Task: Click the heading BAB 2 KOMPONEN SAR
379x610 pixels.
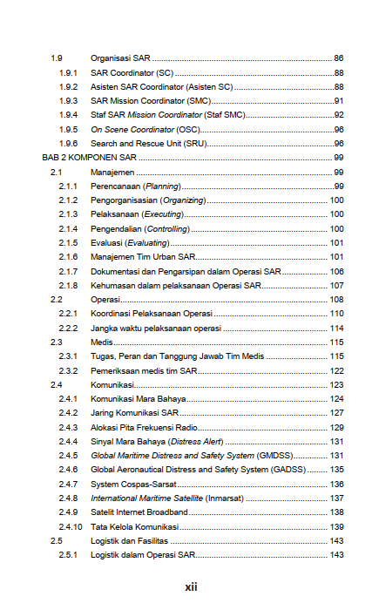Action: coord(90,157)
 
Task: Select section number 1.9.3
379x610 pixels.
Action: coord(69,100)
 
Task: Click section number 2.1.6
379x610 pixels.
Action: coord(69,257)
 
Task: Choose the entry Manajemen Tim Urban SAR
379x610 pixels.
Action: coord(143,257)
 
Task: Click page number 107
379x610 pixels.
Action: coord(336,285)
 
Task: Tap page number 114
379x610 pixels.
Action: coord(336,328)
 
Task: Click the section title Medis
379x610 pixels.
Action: coord(102,342)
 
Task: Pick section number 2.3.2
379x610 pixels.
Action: coord(69,370)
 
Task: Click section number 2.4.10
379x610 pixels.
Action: coord(71,527)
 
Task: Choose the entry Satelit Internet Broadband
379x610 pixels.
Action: coord(139,512)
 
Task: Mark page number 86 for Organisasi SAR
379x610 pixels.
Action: coord(339,58)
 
